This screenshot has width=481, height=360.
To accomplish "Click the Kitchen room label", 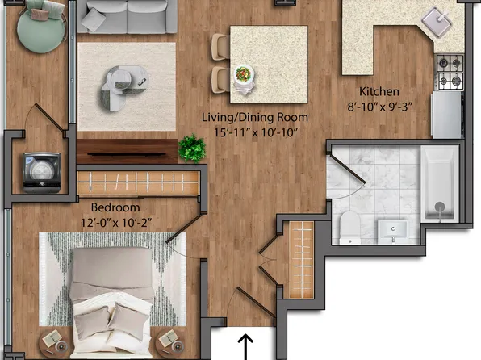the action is pyautogui.click(x=379, y=91).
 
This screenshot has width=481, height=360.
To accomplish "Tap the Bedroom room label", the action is pyautogui.click(x=115, y=207).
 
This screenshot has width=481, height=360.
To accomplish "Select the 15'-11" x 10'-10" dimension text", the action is pyautogui.click(x=256, y=132).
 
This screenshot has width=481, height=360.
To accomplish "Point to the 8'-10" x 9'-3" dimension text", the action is pyautogui.click(x=379, y=107).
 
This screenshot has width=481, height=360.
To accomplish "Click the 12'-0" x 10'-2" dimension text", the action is pyautogui.click(x=116, y=223).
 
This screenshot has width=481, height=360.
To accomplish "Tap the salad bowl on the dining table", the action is pyautogui.click(x=244, y=74).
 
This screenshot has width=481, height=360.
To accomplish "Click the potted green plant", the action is pyautogui.click(x=192, y=148).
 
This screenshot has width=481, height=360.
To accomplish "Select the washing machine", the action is pyautogui.click(x=42, y=172).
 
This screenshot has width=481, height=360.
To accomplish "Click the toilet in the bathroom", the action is pyautogui.click(x=350, y=228).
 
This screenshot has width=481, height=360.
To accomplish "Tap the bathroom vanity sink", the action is pyautogui.click(x=393, y=229).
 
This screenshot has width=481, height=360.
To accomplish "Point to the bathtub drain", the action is pyautogui.click(x=440, y=207).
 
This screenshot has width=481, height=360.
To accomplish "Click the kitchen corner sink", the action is pyautogui.click(x=437, y=22).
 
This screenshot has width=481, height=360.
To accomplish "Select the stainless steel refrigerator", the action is pyautogui.click(x=446, y=115).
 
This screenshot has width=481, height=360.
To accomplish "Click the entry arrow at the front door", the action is pyautogui.click(x=245, y=347).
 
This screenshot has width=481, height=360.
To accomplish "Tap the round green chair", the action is pyautogui.click(x=41, y=27).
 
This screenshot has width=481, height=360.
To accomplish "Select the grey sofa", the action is pyautogui.click(x=127, y=16).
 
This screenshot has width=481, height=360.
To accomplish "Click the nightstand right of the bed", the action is pyautogui.click(x=170, y=344).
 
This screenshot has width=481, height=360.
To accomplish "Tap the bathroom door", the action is pyautogui.click(x=348, y=170).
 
